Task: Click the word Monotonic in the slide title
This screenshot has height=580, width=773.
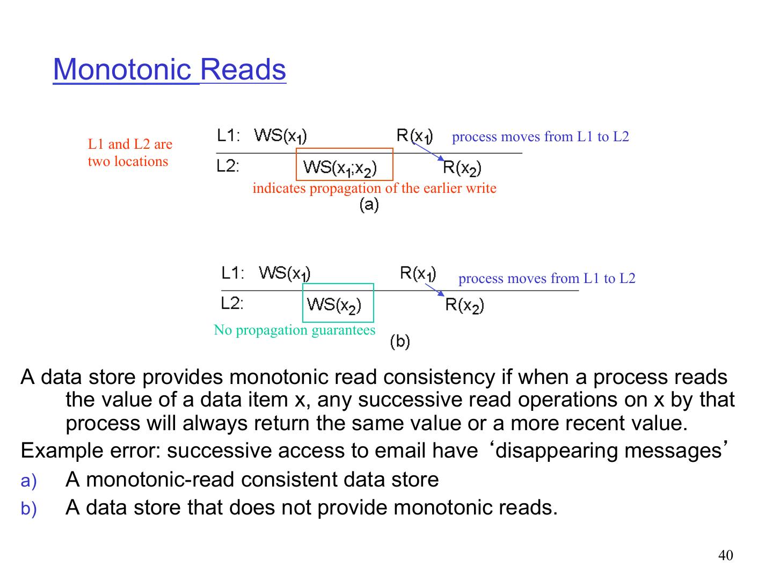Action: click(122, 70)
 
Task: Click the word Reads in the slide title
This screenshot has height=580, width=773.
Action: click(243, 70)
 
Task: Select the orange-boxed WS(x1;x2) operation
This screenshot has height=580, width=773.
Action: click(340, 168)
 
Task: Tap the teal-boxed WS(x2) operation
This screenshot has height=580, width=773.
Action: click(334, 305)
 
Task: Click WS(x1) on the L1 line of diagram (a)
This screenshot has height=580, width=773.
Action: click(280, 135)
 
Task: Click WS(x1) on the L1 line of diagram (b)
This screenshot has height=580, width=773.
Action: click(285, 273)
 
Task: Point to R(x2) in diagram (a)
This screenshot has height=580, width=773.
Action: click(462, 169)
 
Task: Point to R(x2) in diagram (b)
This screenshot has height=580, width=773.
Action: click(465, 306)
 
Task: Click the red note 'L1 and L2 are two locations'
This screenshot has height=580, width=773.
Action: click(130, 153)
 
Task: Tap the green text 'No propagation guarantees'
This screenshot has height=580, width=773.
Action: click(295, 330)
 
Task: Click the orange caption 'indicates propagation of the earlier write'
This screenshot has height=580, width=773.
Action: click(374, 188)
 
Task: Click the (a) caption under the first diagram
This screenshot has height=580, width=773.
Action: click(369, 205)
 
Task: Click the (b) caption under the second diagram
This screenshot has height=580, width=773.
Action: click(400, 342)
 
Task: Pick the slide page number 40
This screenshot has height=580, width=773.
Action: click(725, 555)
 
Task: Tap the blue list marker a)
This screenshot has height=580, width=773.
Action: click(28, 481)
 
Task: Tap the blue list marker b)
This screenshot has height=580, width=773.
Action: click(28, 509)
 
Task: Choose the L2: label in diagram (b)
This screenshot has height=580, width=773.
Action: click(232, 303)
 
